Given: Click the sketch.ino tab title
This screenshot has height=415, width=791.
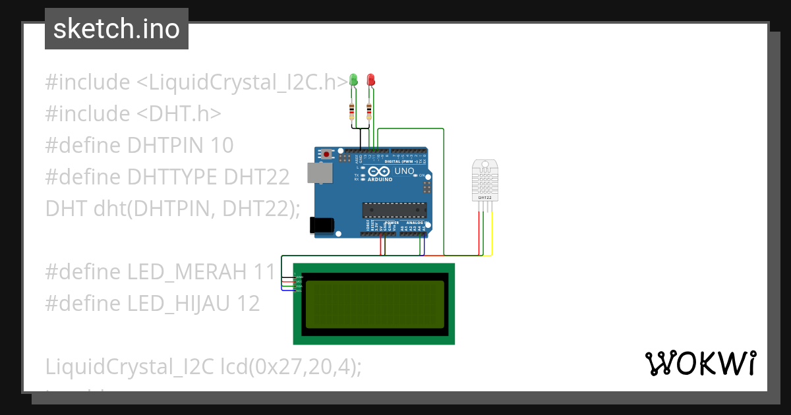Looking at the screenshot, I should [x=117, y=29].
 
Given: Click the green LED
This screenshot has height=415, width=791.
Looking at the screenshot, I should [x=353, y=80].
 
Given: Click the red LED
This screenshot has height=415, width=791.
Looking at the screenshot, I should [x=370, y=80].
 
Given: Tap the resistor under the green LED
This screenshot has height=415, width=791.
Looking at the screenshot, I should [x=352, y=111].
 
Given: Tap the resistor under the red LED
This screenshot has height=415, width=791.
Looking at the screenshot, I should [x=368, y=111].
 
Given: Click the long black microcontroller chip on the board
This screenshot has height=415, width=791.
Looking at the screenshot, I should [x=394, y=210].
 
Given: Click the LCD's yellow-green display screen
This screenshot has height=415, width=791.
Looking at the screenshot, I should [x=374, y=304].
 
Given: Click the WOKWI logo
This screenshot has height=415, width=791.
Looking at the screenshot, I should [x=700, y=363].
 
